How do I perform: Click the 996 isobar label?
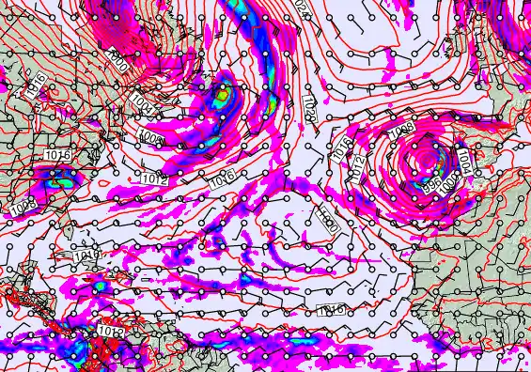[431, 185]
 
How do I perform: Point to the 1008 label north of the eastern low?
[401, 128]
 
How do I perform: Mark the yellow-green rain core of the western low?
[222, 94]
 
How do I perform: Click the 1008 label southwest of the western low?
[151, 139]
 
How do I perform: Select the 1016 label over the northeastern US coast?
[55, 154]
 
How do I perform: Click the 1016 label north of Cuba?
[86, 254]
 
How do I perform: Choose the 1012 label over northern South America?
[112, 331]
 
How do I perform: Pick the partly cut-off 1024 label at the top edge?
[301, 6]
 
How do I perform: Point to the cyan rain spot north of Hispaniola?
[99, 285]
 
